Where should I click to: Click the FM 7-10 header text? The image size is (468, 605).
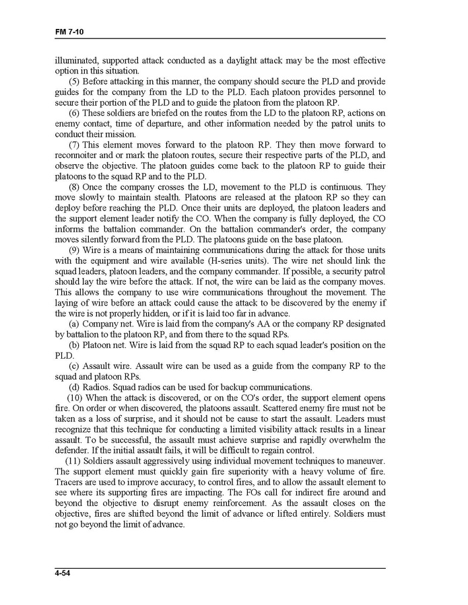[69, 32]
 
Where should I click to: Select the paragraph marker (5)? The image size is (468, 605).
[75, 81]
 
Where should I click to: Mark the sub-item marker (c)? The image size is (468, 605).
[75, 366]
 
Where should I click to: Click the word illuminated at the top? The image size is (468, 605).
[77, 61]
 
